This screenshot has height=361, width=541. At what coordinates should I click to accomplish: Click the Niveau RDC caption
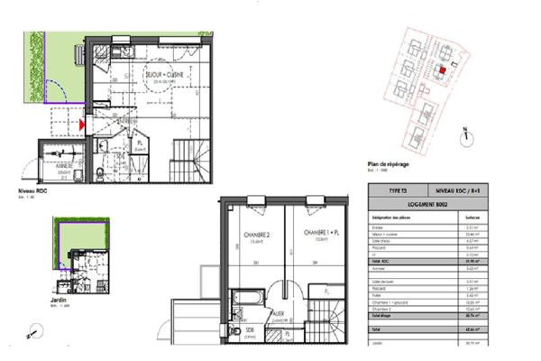33,192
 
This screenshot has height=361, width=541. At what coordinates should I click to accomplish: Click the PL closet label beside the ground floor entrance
141,143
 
